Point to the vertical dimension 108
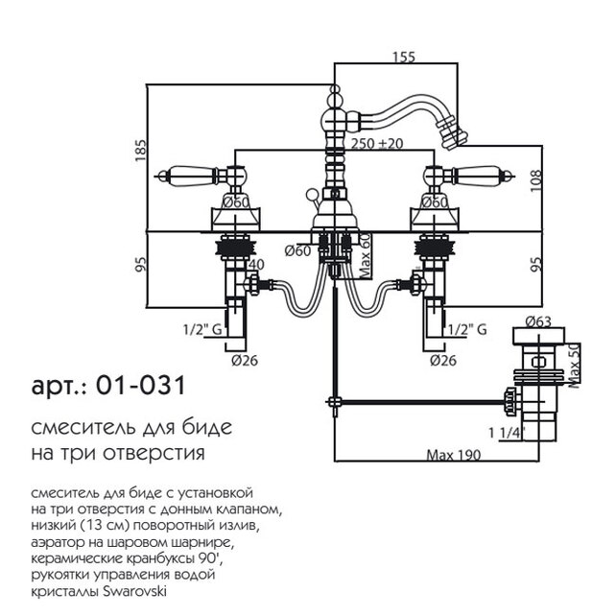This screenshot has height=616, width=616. click(x=538, y=178)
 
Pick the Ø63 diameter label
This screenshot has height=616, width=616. click(x=539, y=323)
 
